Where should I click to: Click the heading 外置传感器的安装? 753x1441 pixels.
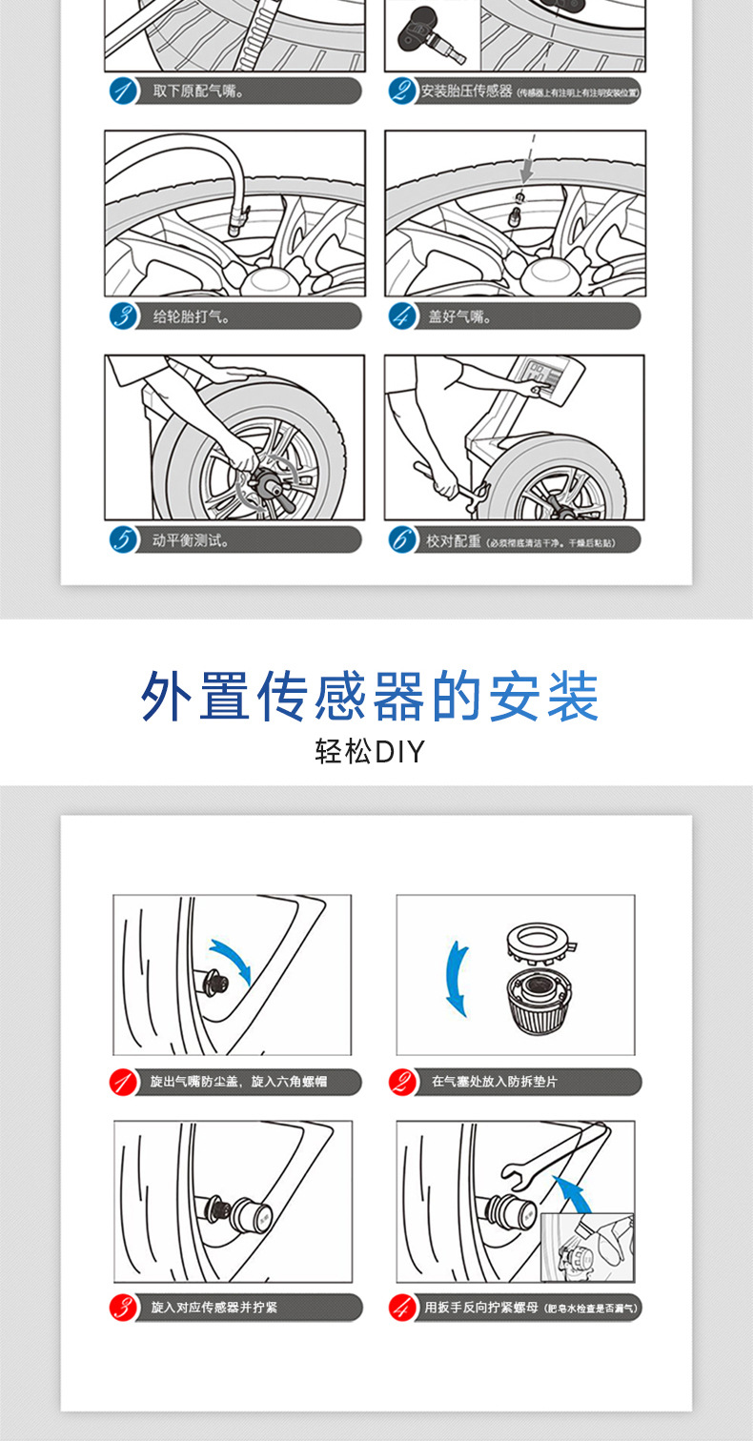(x=370, y=697)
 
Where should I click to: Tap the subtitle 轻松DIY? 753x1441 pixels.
(x=369, y=752)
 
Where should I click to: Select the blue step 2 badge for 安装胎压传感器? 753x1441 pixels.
(x=402, y=91)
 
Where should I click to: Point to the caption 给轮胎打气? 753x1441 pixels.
(x=191, y=316)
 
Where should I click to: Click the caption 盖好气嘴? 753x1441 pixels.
(x=459, y=316)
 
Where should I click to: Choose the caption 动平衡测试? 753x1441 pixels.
(x=191, y=540)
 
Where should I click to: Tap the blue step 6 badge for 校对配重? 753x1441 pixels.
(x=402, y=540)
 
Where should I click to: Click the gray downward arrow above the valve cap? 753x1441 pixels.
(x=526, y=170)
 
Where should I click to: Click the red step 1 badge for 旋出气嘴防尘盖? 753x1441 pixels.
(x=121, y=1082)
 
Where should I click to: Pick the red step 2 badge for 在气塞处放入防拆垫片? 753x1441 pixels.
(x=402, y=1082)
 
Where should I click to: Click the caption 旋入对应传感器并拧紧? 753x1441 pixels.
(x=214, y=1308)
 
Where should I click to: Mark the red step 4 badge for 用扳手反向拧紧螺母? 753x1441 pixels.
(x=402, y=1308)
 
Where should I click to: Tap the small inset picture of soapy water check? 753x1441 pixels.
(x=586, y=1247)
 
